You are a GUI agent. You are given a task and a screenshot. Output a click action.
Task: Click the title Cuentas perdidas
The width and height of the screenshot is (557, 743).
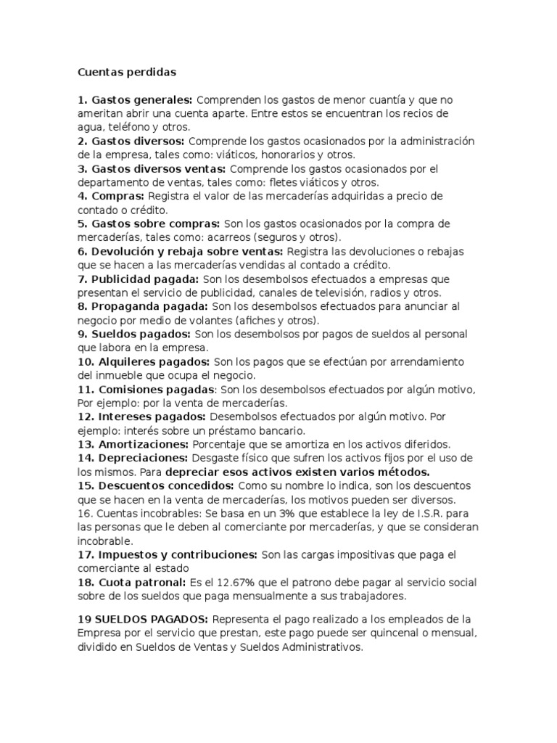(127, 73)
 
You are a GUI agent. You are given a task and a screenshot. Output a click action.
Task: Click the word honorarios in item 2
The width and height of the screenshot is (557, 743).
(277, 155)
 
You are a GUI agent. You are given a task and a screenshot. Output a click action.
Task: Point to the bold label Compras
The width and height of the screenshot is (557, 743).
(118, 196)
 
